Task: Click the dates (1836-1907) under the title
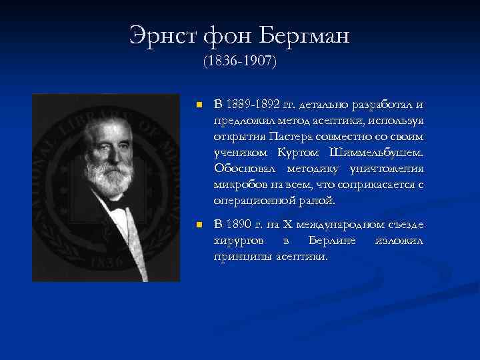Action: (239, 63)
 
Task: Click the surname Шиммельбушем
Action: (387, 153)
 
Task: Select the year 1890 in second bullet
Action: (239, 225)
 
